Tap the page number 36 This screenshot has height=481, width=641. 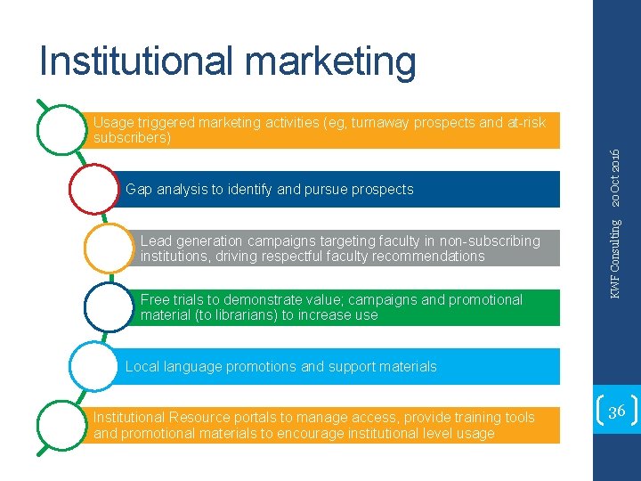pyautogui.click(x=616, y=412)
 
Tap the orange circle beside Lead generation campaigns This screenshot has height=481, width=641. pyautogui.click(x=109, y=248)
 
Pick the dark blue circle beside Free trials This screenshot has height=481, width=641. pyautogui.click(x=109, y=307)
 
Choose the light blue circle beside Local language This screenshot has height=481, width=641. pyautogui.click(x=93, y=366)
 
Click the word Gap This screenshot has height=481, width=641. pyautogui.click(x=138, y=189)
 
